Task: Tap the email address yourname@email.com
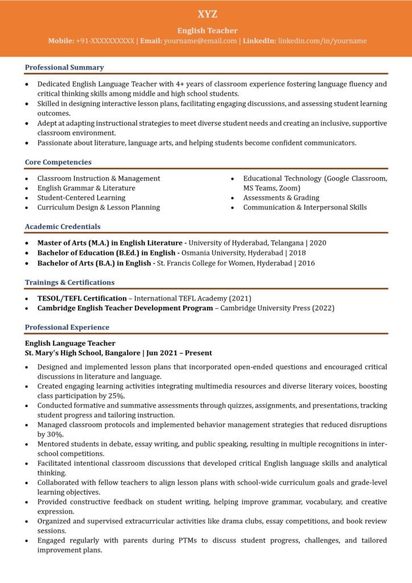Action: point(200,41)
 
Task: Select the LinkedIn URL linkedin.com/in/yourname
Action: point(322,41)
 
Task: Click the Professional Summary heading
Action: point(64,67)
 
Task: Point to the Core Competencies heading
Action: point(58,162)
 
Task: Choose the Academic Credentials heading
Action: point(63,227)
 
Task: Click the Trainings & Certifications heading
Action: point(69,282)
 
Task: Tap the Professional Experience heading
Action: point(67,327)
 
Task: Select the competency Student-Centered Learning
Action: point(81,198)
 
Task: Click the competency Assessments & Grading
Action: point(281,198)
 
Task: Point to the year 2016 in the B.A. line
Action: point(306,263)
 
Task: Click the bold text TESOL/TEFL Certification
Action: point(82,298)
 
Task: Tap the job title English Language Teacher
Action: point(70,343)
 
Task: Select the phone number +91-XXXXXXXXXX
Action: point(105,41)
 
